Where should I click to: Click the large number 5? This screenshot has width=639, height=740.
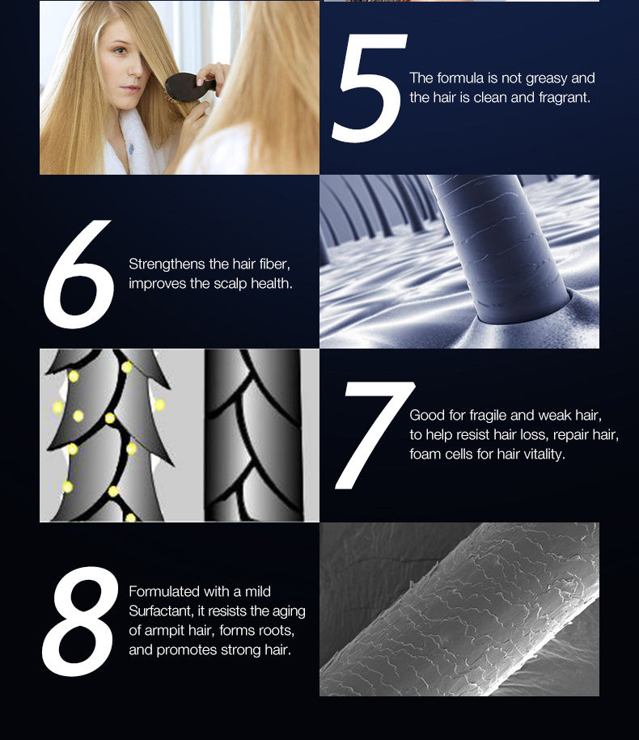tap(370, 88)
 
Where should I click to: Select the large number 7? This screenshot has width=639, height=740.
tap(375, 435)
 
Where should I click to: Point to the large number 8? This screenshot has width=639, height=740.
tap(80, 621)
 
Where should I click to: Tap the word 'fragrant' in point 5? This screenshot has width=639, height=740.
tap(564, 97)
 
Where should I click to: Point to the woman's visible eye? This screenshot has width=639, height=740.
tap(121, 50)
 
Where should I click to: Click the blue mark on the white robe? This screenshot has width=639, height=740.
tap(131, 149)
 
